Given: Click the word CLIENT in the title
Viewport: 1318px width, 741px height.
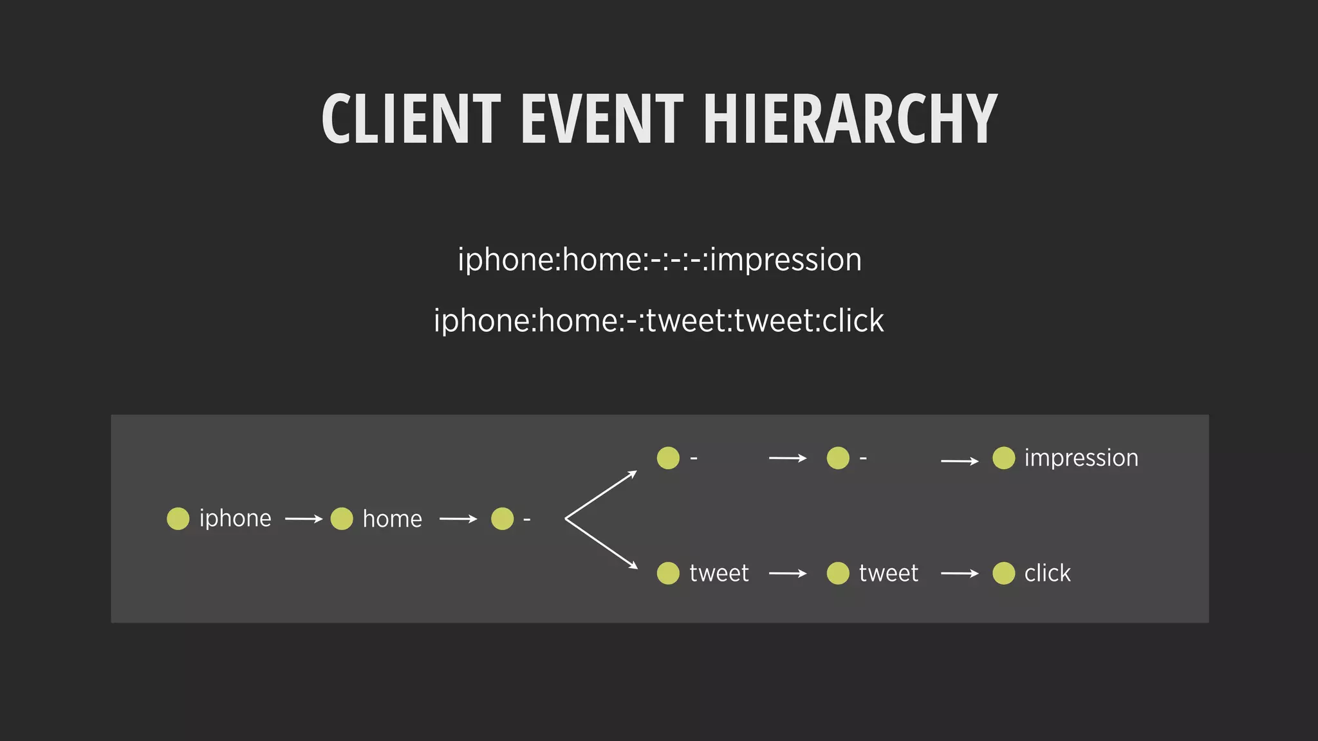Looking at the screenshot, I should pos(411,119).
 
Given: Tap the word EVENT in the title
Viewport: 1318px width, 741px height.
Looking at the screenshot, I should pos(602,119).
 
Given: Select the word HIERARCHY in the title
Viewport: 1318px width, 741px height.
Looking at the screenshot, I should pos(850,119).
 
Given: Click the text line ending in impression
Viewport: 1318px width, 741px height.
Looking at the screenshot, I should pos(659,260).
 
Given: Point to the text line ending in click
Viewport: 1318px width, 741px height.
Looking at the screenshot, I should pos(658,321).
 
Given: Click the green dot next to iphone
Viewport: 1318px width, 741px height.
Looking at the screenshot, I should pos(178,518).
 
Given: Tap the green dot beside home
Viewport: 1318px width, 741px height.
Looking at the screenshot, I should pos(342,518).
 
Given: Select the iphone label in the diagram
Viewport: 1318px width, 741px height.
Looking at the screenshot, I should pos(235,518).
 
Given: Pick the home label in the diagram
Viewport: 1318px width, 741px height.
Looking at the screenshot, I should pos(392,519).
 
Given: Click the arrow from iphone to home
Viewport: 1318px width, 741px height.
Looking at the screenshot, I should pos(303,518).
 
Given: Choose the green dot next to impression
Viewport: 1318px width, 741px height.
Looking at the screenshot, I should pos(1003,458).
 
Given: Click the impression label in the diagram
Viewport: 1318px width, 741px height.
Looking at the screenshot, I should pos(1081,458).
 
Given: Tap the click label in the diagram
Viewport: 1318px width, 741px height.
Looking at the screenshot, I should pos(1047,573).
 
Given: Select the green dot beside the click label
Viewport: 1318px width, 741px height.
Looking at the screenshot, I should pos(1003,573).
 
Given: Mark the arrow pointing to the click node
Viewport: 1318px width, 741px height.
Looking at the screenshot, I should pos(959,573).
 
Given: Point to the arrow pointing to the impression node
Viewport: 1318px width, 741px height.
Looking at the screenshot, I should pos(959,461).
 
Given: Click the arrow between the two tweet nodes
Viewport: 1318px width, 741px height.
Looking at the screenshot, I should pos(788,573).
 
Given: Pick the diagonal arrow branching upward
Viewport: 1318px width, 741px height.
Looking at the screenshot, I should pos(601,495).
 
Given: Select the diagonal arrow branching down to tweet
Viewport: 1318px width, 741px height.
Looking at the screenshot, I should pos(601,544).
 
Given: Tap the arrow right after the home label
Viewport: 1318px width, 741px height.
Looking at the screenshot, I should pos(458,518).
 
